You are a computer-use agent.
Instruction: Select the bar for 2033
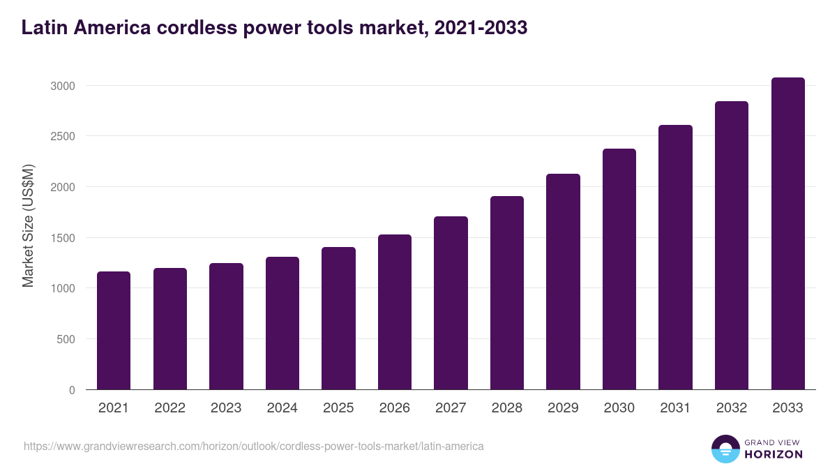point(788,234)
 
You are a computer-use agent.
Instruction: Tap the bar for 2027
point(451,303)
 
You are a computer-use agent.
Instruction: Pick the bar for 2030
point(619,269)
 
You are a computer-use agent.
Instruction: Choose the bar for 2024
point(282,323)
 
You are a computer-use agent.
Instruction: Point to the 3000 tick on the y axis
point(62,86)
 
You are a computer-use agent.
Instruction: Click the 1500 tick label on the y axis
point(62,238)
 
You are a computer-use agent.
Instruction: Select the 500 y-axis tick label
point(66,340)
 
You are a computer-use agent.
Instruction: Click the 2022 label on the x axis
point(169,408)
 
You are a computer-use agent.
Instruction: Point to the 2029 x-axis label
point(563,408)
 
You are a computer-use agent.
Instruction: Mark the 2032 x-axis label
point(732,408)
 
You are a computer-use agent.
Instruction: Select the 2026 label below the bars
point(395,408)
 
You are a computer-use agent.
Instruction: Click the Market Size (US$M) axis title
point(28,226)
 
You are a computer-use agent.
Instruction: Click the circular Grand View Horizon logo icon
point(725,449)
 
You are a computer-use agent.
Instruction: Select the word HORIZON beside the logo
point(774,454)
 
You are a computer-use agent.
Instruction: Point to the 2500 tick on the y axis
point(62,136)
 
